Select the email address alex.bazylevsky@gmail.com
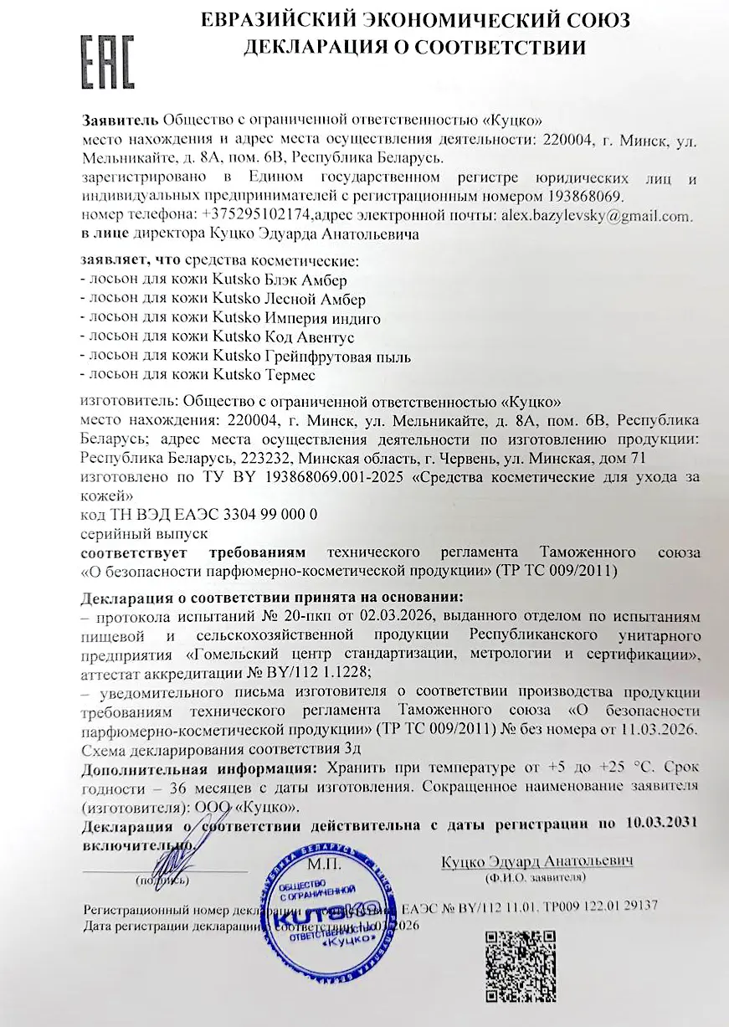tap(597, 215)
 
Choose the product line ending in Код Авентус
tap(217, 337)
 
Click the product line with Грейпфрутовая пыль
tap(244, 357)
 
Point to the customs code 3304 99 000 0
tap(252, 513)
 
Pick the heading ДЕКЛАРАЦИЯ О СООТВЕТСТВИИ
tap(414, 48)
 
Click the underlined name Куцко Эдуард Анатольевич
tap(536, 860)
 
